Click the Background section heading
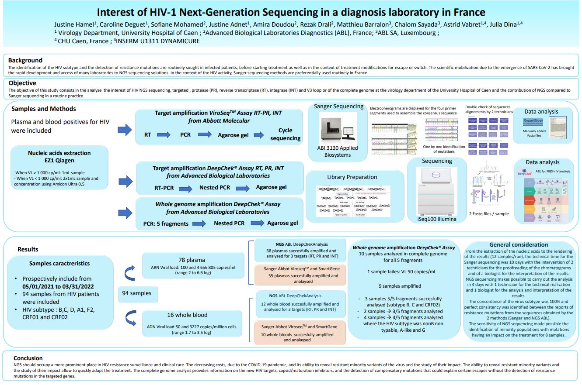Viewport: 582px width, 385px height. click(x=25, y=60)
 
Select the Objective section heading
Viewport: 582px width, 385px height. click(x=22, y=83)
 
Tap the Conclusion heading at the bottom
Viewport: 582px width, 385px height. click(x=28, y=358)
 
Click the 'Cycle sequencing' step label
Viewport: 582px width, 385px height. click(x=285, y=134)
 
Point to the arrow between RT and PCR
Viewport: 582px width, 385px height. click(x=164, y=135)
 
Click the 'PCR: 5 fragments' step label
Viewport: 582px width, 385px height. click(x=166, y=223)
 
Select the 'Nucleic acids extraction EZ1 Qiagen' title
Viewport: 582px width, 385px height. click(x=59, y=157)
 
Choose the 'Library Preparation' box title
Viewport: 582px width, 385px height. click(x=352, y=177)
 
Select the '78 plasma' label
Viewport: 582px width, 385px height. click(x=192, y=259)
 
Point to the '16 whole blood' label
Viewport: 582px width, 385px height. click(x=187, y=315)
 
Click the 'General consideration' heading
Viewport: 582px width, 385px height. click(x=519, y=244)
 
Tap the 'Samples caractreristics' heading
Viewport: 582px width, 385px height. click(x=59, y=263)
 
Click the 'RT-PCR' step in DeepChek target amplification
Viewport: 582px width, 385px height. click(x=164, y=187)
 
